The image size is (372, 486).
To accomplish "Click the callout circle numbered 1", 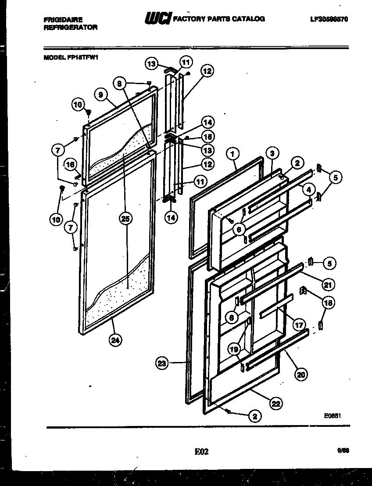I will click(x=233, y=154).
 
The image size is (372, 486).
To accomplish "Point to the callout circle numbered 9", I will click(x=101, y=94).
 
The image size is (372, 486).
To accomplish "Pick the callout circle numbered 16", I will click(x=69, y=165).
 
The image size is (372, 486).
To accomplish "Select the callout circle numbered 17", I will click(x=299, y=325).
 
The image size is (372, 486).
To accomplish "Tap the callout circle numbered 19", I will click(x=234, y=349).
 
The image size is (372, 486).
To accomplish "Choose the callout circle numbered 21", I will click(x=327, y=285).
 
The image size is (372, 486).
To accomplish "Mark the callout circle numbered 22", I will click(x=276, y=404).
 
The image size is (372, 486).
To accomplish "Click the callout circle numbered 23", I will click(x=162, y=363).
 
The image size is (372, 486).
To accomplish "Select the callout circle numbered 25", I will click(x=125, y=220).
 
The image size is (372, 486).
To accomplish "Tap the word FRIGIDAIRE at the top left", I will click(x=63, y=20).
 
